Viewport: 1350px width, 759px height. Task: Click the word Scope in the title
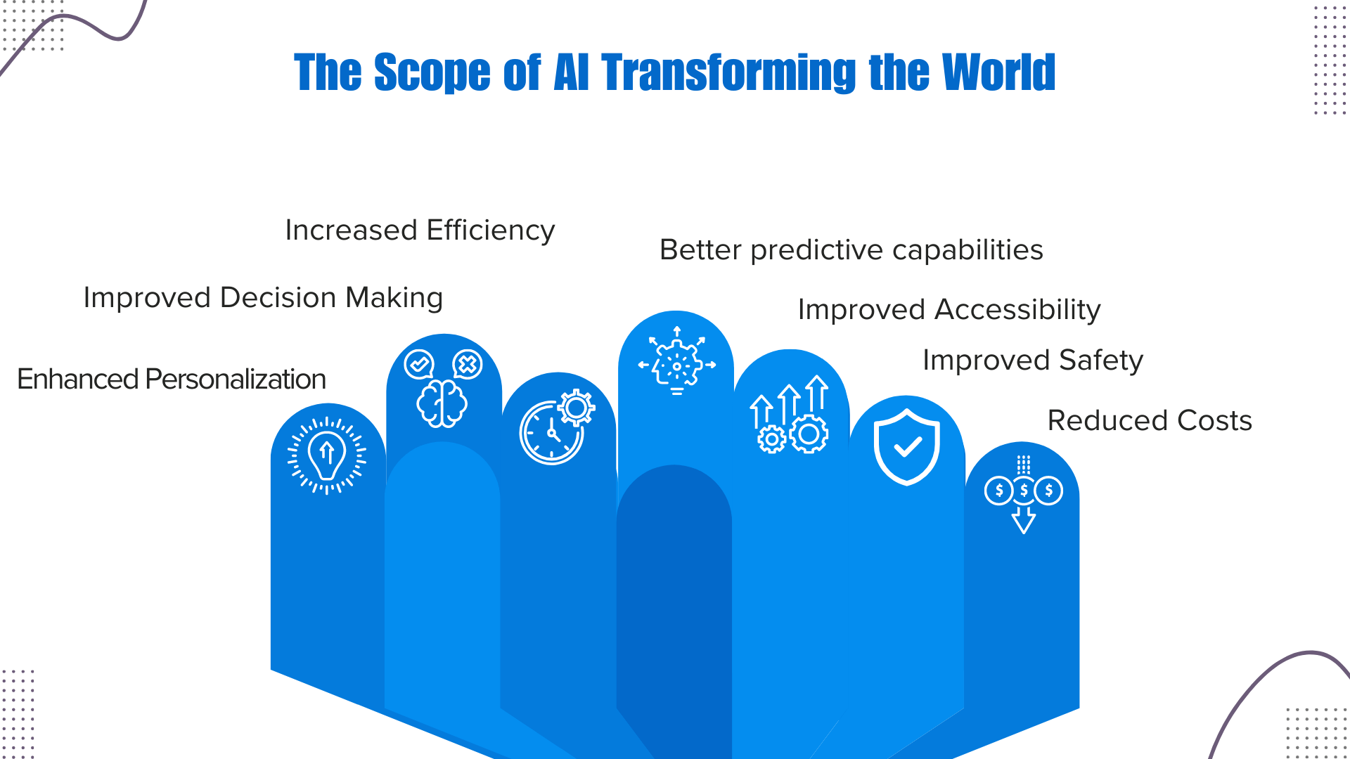click(x=432, y=72)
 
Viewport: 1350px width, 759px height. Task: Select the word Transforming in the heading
click(x=728, y=72)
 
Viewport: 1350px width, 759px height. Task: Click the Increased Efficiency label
click(x=420, y=231)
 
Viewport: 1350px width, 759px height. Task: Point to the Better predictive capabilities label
click(x=851, y=250)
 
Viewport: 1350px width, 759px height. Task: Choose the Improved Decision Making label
click(x=263, y=298)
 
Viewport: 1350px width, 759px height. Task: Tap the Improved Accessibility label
click(x=949, y=310)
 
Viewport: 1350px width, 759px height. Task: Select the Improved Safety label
click(x=1032, y=361)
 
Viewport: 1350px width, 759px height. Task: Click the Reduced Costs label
click(x=1150, y=421)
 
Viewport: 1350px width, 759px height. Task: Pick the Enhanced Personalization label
click(x=172, y=379)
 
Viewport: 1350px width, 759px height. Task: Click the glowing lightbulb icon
click(x=327, y=455)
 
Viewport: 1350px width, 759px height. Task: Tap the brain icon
click(x=442, y=403)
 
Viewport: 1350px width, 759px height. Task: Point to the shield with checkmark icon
click(x=907, y=447)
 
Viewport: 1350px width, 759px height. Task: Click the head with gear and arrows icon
click(x=676, y=361)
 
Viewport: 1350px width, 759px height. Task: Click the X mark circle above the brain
click(x=467, y=364)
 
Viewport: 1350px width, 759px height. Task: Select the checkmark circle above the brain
click(x=419, y=364)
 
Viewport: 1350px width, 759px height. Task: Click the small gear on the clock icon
click(x=577, y=407)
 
